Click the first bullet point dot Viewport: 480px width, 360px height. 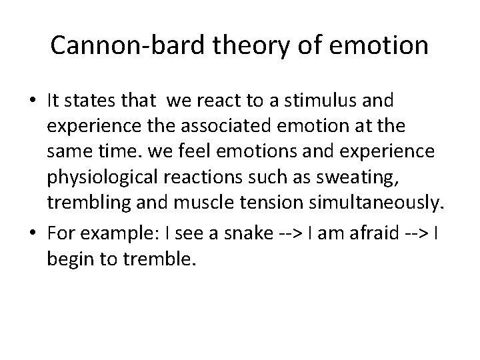[x=33, y=101]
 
